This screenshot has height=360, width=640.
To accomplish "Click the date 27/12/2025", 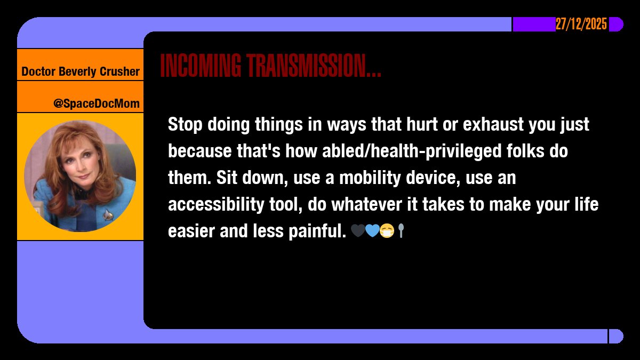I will pyautogui.click(x=581, y=24).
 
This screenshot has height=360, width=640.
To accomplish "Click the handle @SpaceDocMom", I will pyautogui.click(x=96, y=103).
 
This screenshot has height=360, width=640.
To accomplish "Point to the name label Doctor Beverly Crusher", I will pyautogui.click(x=81, y=71).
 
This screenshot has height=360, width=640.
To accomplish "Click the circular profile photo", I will pyautogui.click(x=80, y=176).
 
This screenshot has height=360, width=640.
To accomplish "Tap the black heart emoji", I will pyautogui.click(x=357, y=231).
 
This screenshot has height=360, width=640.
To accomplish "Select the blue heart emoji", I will pyautogui.click(x=372, y=231).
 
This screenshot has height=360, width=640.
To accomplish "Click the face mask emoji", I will pyautogui.click(x=387, y=231).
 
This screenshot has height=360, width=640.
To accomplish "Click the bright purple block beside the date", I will pyautogui.click(x=534, y=24).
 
